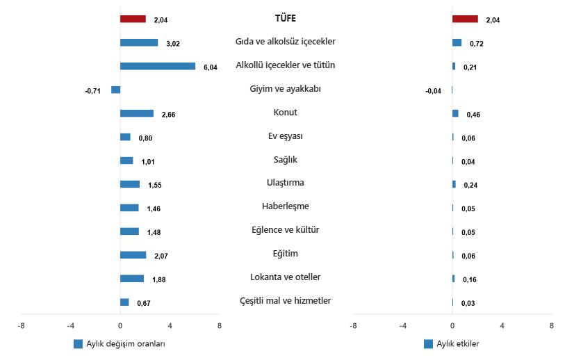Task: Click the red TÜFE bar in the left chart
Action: [133, 19]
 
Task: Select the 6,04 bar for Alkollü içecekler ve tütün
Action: [158, 66]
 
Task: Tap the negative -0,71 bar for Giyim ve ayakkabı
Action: [115, 90]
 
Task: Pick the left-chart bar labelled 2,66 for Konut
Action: [137, 113]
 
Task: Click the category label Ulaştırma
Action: [286, 183]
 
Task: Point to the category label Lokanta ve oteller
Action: [286, 277]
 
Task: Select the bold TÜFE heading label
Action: [286, 19]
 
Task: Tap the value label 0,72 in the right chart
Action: [477, 44]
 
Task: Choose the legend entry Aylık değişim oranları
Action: [124, 344]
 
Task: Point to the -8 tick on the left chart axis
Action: [22, 325]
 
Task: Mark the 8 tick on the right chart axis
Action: [552, 325]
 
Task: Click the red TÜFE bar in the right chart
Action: [465, 19]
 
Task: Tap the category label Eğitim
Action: [286, 254]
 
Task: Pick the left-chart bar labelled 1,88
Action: [132, 279]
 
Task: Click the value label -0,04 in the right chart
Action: [433, 91]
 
